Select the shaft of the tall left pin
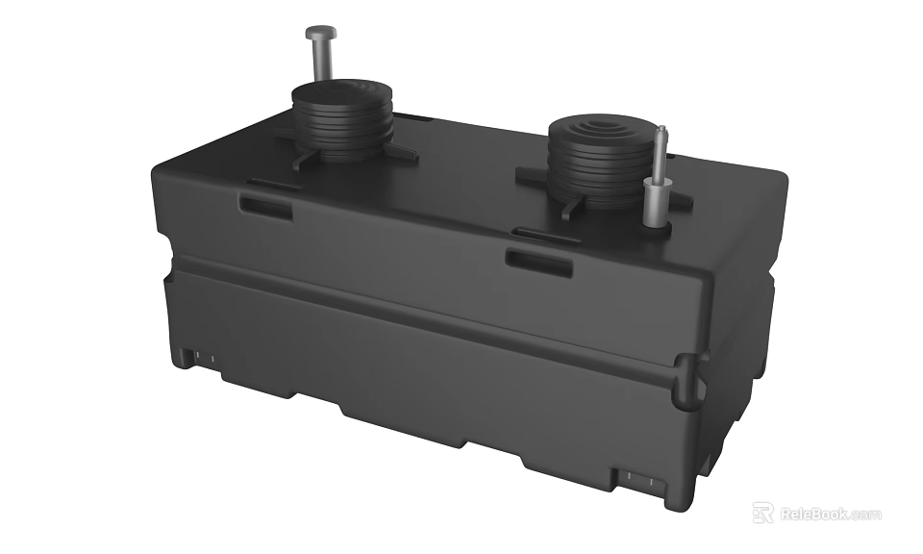[x=318, y=63]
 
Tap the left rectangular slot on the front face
[x=265, y=206]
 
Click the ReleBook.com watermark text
[x=830, y=514]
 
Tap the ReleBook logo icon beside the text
[x=762, y=513]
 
